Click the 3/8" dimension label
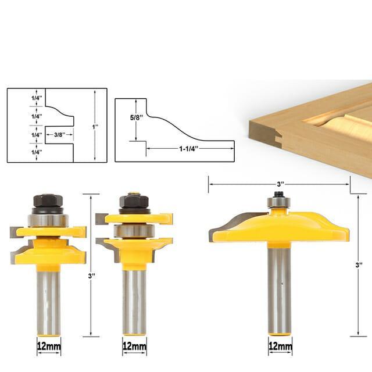pyautogui.click(x=59, y=135)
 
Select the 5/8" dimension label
pyautogui.click(x=137, y=117)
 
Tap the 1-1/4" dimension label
pyautogui.click(x=188, y=149)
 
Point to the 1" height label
pyautogui.click(x=95, y=127)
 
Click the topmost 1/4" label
pyautogui.click(x=37, y=98)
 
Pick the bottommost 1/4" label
pyautogui.click(x=37, y=152)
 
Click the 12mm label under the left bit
pyautogui.click(x=49, y=346)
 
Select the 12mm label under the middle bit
pyautogui.click(x=134, y=346)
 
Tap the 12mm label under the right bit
pyautogui.click(x=280, y=346)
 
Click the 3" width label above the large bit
pyautogui.click(x=281, y=184)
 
